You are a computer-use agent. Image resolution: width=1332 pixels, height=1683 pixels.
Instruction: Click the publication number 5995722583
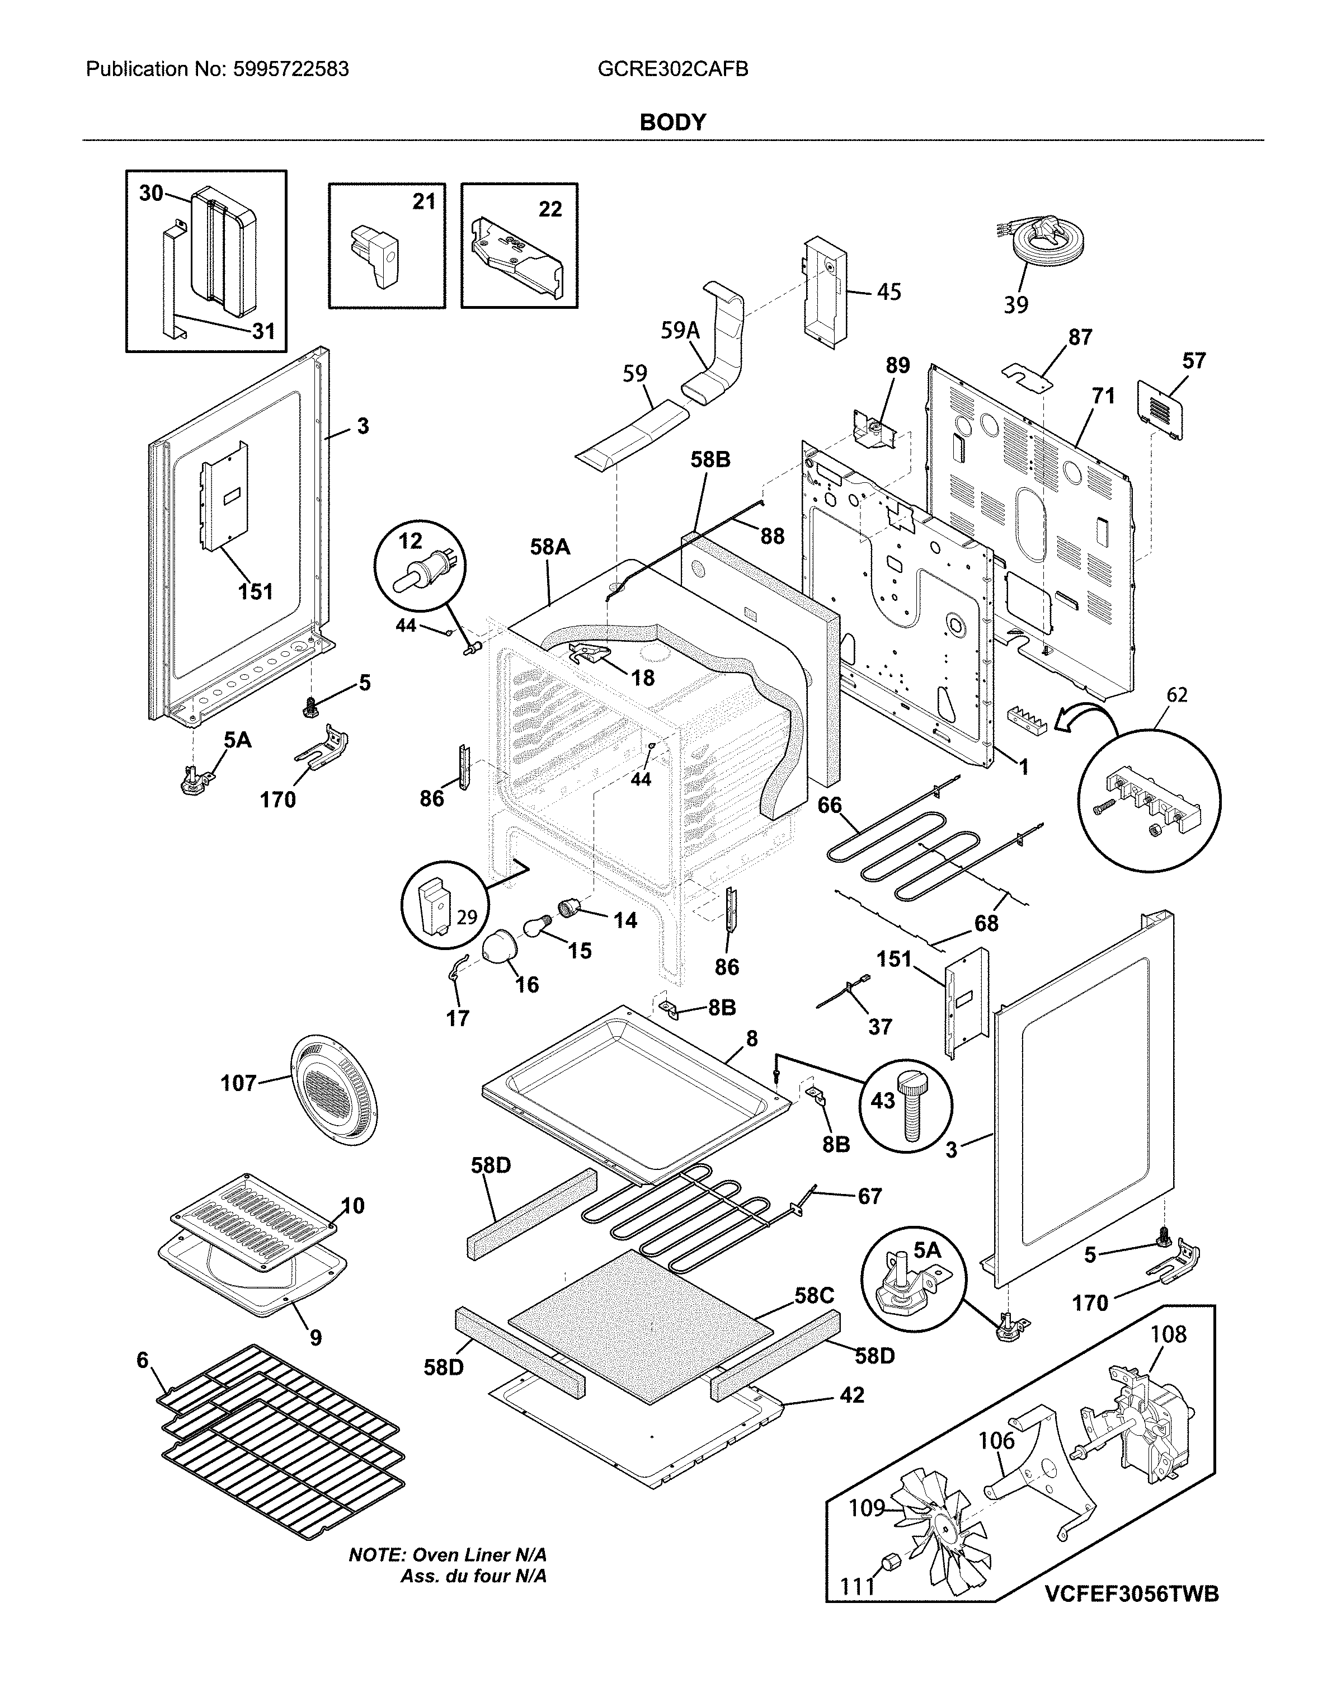pos(290,69)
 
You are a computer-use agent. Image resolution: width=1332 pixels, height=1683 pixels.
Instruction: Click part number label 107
pos(239,1083)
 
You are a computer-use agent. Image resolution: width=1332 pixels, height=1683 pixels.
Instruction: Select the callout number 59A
pos(680,331)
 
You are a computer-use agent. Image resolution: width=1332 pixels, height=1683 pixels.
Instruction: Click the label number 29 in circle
pos(467,916)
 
